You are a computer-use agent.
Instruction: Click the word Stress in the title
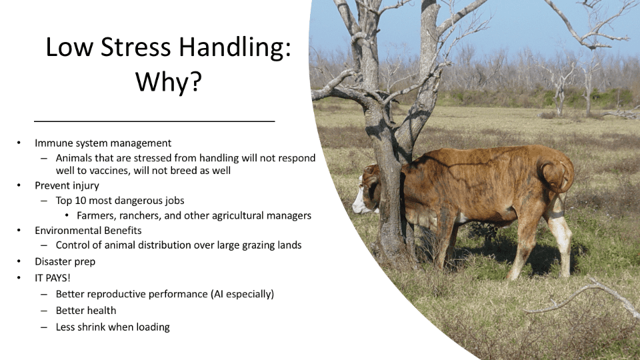click(135, 47)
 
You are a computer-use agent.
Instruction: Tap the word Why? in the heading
click(169, 81)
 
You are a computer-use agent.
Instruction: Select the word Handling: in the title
click(235, 48)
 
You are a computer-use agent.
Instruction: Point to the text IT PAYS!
click(53, 278)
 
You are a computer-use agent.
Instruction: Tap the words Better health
click(86, 311)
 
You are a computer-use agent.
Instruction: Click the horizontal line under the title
click(154, 121)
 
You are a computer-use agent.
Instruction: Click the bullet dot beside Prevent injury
click(19, 186)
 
